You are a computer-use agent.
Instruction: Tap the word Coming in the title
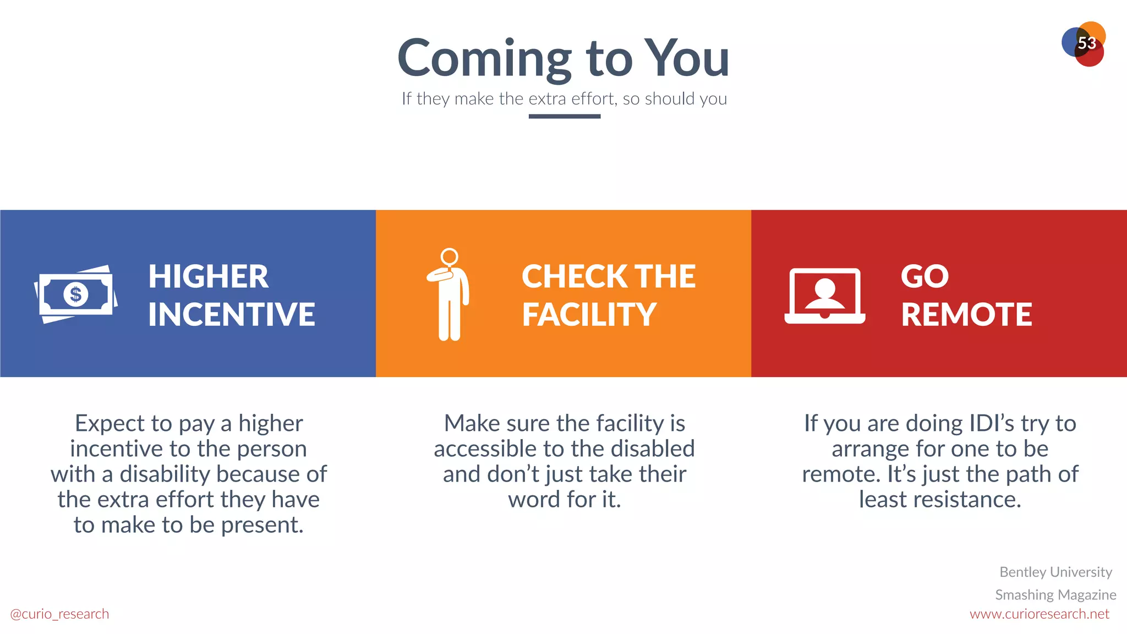pos(484,59)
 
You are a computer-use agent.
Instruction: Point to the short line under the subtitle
pos(564,116)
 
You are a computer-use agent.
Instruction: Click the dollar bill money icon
pos(76,294)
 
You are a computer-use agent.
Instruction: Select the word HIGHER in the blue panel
pos(208,276)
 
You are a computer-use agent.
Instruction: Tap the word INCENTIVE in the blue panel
pos(231,315)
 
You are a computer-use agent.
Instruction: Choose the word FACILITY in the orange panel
pos(589,315)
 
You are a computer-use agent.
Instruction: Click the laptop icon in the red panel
pos(824,296)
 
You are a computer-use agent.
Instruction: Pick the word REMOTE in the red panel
pos(966,315)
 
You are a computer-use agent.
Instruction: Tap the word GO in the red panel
pos(924,276)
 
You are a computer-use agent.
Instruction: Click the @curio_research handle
pos(59,614)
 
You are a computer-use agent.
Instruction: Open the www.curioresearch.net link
pos(1039,614)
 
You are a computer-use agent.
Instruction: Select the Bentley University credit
pos(1055,572)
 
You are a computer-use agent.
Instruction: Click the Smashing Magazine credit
pos(1055,595)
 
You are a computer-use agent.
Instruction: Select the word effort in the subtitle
pos(593,99)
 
